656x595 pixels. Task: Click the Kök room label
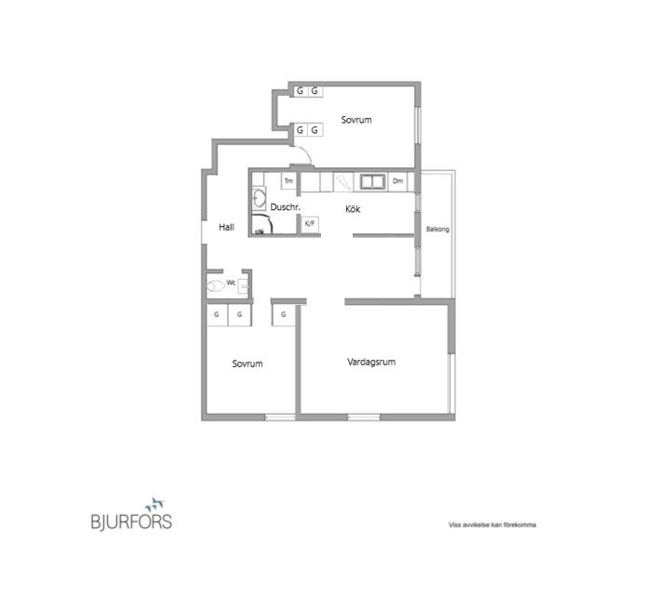click(x=353, y=208)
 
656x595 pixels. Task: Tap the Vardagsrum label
click(x=371, y=362)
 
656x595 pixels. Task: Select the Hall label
click(x=226, y=227)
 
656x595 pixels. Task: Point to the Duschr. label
click(x=286, y=206)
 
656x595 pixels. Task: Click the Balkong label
click(x=437, y=229)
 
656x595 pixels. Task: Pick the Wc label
click(x=231, y=283)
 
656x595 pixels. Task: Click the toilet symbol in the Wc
click(x=216, y=286)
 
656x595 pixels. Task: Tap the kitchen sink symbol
click(x=373, y=182)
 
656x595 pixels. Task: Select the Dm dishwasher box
click(x=398, y=181)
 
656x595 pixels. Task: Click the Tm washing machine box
click(x=288, y=181)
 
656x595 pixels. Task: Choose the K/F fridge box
click(x=310, y=224)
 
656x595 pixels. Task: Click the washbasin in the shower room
click(x=260, y=198)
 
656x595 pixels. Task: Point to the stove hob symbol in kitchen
click(x=343, y=182)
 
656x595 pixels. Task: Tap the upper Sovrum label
click(x=356, y=120)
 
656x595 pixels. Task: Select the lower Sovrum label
click(x=248, y=364)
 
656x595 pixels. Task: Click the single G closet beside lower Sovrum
click(x=284, y=314)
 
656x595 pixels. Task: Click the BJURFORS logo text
click(x=131, y=522)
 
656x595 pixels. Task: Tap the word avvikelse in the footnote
click(x=474, y=524)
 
